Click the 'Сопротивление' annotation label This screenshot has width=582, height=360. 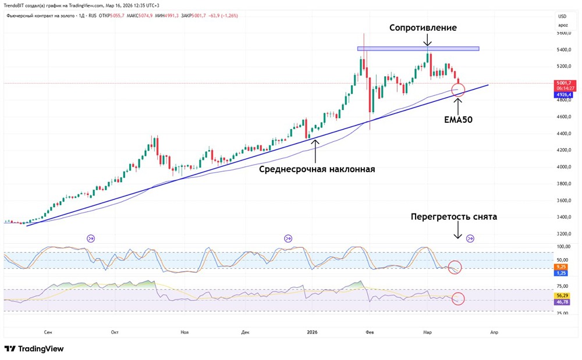(x=423, y=28)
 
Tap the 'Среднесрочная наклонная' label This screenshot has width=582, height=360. (x=317, y=169)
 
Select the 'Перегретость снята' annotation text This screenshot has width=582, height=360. (x=454, y=217)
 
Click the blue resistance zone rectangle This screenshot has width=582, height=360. (x=418, y=48)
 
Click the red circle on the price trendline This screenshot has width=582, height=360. (x=458, y=90)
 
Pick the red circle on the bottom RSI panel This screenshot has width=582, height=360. (x=458, y=299)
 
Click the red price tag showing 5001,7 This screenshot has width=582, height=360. (x=563, y=84)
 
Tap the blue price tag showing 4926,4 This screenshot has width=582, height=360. (x=563, y=95)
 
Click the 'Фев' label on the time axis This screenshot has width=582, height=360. (x=369, y=332)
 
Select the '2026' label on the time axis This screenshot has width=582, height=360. (x=312, y=332)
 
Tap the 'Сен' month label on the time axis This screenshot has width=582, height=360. (x=48, y=332)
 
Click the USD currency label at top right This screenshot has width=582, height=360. (x=562, y=16)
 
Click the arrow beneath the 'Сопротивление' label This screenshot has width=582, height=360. (x=427, y=40)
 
